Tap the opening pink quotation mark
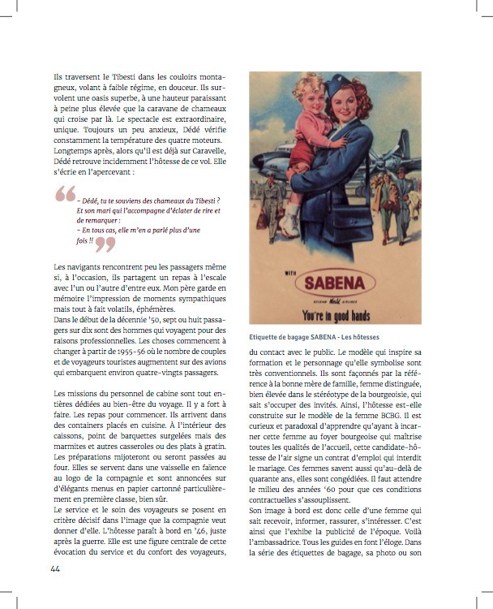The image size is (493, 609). coord(65,194)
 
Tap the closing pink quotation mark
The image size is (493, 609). coord(105,244)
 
